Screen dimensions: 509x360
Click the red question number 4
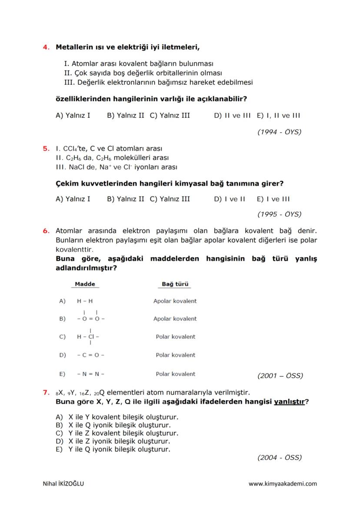[45, 47]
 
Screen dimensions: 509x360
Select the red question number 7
[45, 393]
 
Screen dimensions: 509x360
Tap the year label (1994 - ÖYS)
[279, 132]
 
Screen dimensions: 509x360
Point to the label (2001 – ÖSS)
[280, 376]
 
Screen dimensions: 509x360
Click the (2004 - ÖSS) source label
[279, 457]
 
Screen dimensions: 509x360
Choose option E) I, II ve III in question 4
[278, 116]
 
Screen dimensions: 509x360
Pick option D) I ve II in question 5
[230, 199]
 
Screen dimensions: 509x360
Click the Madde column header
[85, 284]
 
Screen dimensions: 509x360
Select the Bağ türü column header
[175, 284]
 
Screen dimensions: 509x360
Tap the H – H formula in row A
[85, 301]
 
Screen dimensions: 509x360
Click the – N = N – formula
[90, 374]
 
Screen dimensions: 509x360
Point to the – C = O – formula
[90, 355]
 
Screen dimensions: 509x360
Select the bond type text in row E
[176, 374]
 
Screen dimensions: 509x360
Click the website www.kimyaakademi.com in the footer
[283, 483]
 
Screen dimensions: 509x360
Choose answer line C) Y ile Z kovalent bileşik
[117, 433]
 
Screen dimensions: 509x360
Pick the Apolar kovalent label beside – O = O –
[175, 319]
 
